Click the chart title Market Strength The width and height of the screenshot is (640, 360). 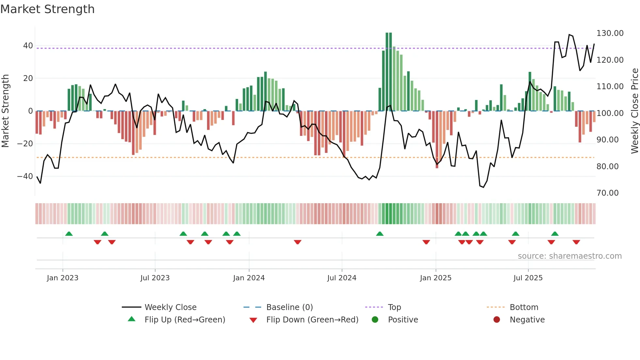pos(47,9)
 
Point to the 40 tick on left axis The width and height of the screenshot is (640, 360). pos(28,46)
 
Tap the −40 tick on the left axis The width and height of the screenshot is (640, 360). pos(25,176)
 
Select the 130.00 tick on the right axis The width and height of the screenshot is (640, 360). pos(610,33)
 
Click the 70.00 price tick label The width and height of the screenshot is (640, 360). pos(607,193)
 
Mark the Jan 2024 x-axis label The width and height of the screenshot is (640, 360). pos(249,278)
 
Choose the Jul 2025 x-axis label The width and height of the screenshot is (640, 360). pos(528,278)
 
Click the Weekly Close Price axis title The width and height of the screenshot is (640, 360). pos(634,111)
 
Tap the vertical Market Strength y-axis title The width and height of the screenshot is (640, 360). pos(6,111)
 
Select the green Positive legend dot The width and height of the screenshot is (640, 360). pos(375,320)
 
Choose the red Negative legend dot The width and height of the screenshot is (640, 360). pos(497,320)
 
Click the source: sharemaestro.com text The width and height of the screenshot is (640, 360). pos(569,256)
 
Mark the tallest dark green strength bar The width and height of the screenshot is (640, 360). pos(387,72)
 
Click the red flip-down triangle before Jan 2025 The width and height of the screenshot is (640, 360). pos(426,242)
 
